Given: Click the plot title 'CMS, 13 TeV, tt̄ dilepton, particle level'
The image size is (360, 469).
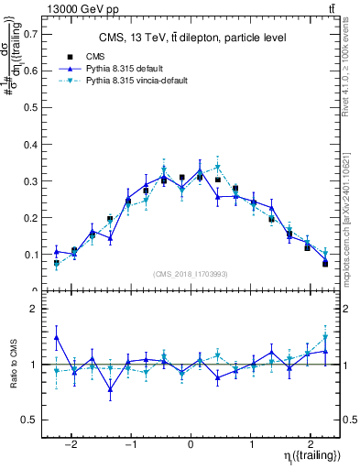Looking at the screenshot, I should click(x=192, y=38).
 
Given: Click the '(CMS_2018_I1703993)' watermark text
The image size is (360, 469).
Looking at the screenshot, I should click(x=190, y=274).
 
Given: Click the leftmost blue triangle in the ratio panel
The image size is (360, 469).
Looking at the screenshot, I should click(x=57, y=337).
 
